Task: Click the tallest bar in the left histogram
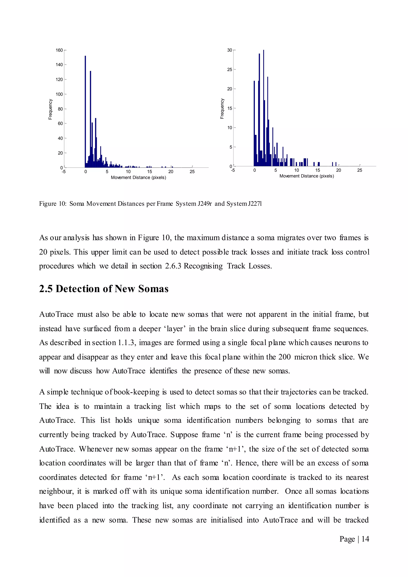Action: (85, 112)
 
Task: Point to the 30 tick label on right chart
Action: (230, 50)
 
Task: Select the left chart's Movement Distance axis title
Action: (138, 178)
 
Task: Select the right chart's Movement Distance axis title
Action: (307, 176)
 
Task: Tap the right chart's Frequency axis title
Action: (222, 109)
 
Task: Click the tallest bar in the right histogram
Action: (264, 108)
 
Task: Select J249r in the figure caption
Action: (205, 204)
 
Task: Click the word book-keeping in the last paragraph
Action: (136, 392)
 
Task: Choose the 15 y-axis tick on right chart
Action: (230, 108)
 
